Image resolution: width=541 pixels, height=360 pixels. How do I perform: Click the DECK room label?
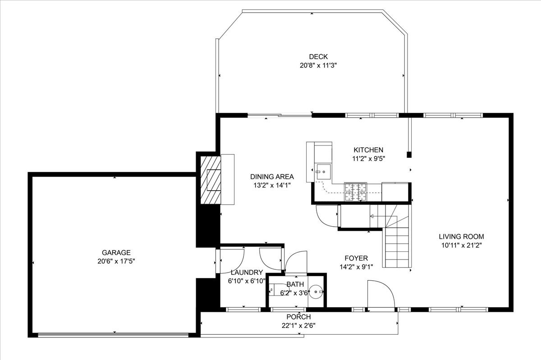(318, 57)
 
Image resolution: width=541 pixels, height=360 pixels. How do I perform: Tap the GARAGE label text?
(116, 253)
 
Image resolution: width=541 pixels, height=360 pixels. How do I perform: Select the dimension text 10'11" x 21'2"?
(462, 246)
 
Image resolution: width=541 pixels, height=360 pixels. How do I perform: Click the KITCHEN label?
(368, 150)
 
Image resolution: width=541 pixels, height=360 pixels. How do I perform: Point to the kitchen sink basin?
(323, 172)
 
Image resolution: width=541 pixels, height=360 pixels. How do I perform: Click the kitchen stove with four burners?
(355, 192)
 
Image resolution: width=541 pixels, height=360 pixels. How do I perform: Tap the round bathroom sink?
(316, 292)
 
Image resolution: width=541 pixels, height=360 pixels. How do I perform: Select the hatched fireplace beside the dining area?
(211, 180)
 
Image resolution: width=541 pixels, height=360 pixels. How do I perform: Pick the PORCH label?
(298, 317)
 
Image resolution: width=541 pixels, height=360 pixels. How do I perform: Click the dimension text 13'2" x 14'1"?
(272, 186)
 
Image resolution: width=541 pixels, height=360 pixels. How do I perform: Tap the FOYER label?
(356, 258)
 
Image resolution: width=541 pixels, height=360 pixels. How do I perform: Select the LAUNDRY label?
(247, 272)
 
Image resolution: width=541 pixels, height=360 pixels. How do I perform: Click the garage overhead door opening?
(113, 335)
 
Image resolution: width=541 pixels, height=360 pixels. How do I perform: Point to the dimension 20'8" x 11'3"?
(318, 65)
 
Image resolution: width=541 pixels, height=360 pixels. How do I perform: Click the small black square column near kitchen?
(409, 155)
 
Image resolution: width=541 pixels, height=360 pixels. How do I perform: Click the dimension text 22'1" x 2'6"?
(298, 326)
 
